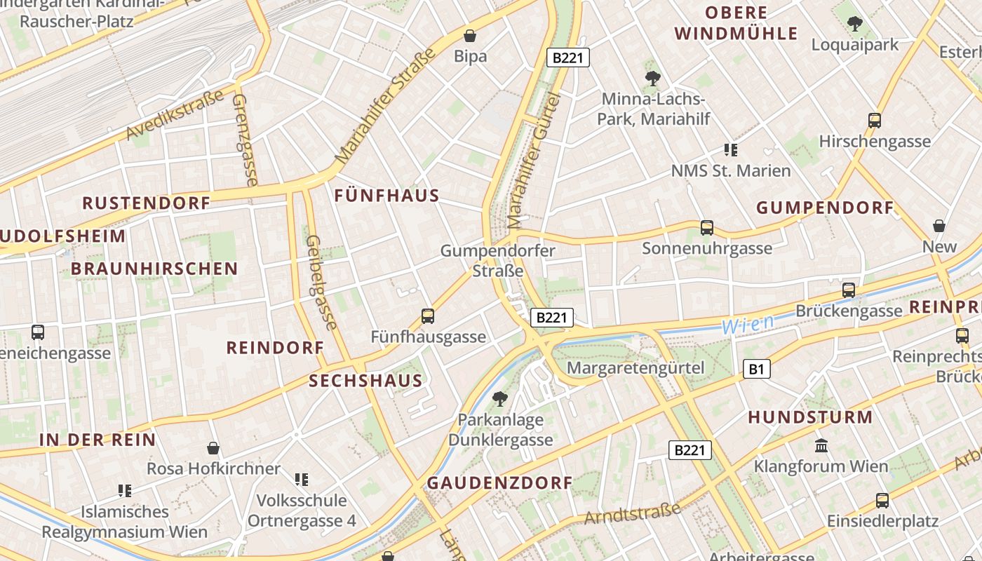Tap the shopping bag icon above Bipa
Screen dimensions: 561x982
[470, 35]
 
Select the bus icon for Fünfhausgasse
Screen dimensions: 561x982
[428, 316]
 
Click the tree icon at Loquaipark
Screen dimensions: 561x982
[854, 25]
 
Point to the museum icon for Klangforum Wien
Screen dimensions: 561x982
[821, 445]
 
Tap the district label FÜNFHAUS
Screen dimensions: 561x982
[387, 196]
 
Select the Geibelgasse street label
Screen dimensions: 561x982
[320, 282]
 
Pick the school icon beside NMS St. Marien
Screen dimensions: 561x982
[731, 150]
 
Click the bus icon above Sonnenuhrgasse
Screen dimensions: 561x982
[707, 228]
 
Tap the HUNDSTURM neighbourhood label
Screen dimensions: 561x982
[810, 417]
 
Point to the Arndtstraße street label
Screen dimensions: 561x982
[633, 513]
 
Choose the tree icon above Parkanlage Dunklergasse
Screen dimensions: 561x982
[500, 400]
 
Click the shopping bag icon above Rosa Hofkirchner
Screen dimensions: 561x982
[213, 448]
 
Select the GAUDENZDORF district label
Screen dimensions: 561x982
[500, 482]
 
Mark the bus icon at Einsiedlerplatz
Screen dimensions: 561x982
[882, 501]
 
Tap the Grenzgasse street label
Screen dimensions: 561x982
[245, 140]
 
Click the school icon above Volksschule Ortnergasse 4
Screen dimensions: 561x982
[302, 480]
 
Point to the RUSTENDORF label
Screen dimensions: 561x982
[147, 203]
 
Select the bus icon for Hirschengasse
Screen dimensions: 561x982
[875, 121]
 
